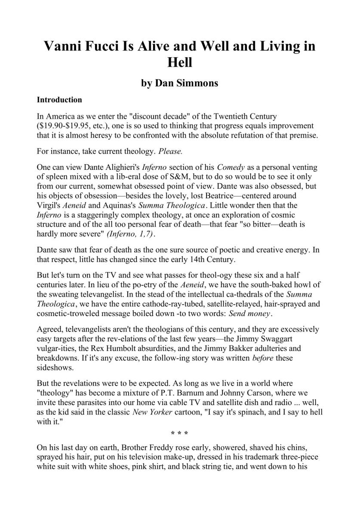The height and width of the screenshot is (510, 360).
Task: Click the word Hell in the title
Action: (180, 62)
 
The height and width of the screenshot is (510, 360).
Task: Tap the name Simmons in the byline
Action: (198, 83)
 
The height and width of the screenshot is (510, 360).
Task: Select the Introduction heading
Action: (59, 100)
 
